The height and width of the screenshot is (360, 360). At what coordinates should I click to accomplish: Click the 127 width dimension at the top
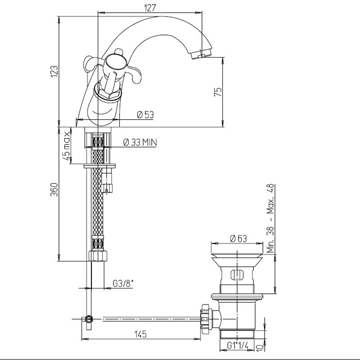(x=150, y=8)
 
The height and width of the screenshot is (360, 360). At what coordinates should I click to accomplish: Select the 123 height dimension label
(x=54, y=72)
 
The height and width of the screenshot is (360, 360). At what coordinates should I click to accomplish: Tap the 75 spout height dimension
(x=218, y=92)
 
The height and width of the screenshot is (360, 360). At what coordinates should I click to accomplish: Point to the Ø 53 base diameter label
(x=145, y=115)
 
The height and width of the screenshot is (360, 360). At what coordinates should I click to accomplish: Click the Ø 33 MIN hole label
(x=140, y=142)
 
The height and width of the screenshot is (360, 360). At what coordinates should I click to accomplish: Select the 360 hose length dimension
(x=54, y=189)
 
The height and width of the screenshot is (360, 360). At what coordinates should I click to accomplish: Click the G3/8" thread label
(x=123, y=284)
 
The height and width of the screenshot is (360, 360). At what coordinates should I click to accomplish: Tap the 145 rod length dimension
(x=140, y=334)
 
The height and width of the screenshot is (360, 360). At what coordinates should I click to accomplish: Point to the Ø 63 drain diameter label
(x=238, y=238)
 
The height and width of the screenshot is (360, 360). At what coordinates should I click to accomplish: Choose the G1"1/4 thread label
(x=238, y=345)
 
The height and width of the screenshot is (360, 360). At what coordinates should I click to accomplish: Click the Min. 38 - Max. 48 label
(x=271, y=218)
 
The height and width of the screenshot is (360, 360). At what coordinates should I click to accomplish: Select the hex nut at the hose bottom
(x=98, y=256)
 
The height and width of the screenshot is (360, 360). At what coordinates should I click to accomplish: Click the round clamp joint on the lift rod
(x=89, y=319)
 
